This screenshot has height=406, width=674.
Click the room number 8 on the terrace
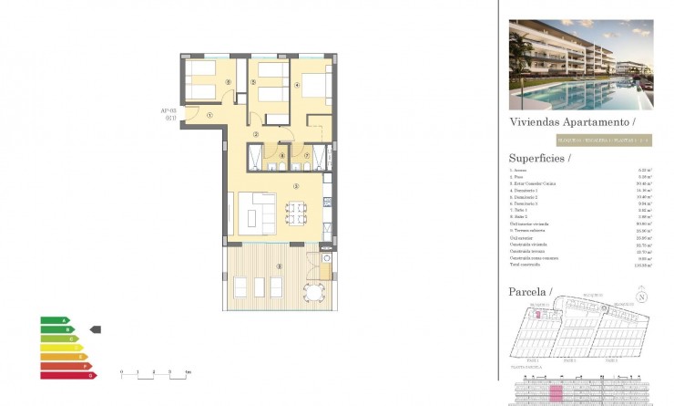click(279, 266)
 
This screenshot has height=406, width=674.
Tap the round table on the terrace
click(313, 292)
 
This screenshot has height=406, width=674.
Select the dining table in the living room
click(296, 213)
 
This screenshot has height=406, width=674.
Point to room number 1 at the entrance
click(209, 115)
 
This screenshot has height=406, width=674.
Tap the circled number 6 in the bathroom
click(281, 156)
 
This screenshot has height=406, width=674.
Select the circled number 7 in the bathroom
click(307, 156)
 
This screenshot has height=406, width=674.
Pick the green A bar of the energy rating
click(54, 320)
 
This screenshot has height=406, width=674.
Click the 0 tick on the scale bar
click(122, 372)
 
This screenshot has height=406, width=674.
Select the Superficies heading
click(539, 157)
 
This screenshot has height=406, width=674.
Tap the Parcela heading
click(530, 291)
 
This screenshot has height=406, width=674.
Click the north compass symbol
click(642, 297)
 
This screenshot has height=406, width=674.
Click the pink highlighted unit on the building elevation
click(557, 391)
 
